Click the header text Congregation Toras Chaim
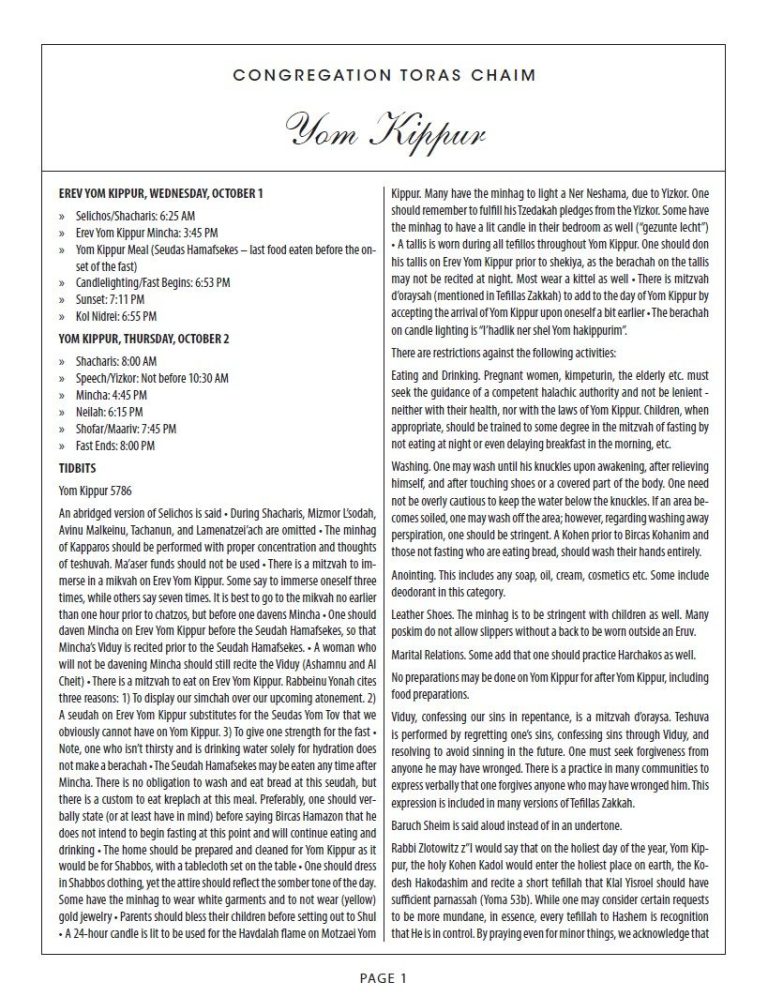[x=383, y=75]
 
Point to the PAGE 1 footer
[x=383, y=978]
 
